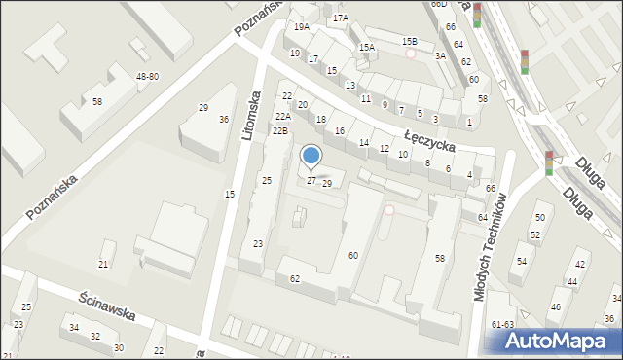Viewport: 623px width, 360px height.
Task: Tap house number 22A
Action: (x=281, y=116)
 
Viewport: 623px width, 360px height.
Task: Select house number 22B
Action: (x=280, y=130)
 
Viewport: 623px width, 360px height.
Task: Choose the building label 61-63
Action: (x=502, y=324)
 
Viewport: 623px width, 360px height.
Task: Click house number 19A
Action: (x=302, y=27)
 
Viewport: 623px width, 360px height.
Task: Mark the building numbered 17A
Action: (x=340, y=18)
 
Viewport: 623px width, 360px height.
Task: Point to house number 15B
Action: (x=410, y=41)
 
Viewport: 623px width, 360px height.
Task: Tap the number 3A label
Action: (x=440, y=55)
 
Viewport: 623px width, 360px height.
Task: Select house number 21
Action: (x=103, y=265)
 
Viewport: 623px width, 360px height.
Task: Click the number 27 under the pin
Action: (x=311, y=180)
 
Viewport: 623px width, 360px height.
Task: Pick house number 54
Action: (x=522, y=261)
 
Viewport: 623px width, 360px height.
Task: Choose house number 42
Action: (x=581, y=265)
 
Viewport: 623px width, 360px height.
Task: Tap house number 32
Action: (x=95, y=337)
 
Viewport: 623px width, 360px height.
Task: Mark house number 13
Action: (x=349, y=86)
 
